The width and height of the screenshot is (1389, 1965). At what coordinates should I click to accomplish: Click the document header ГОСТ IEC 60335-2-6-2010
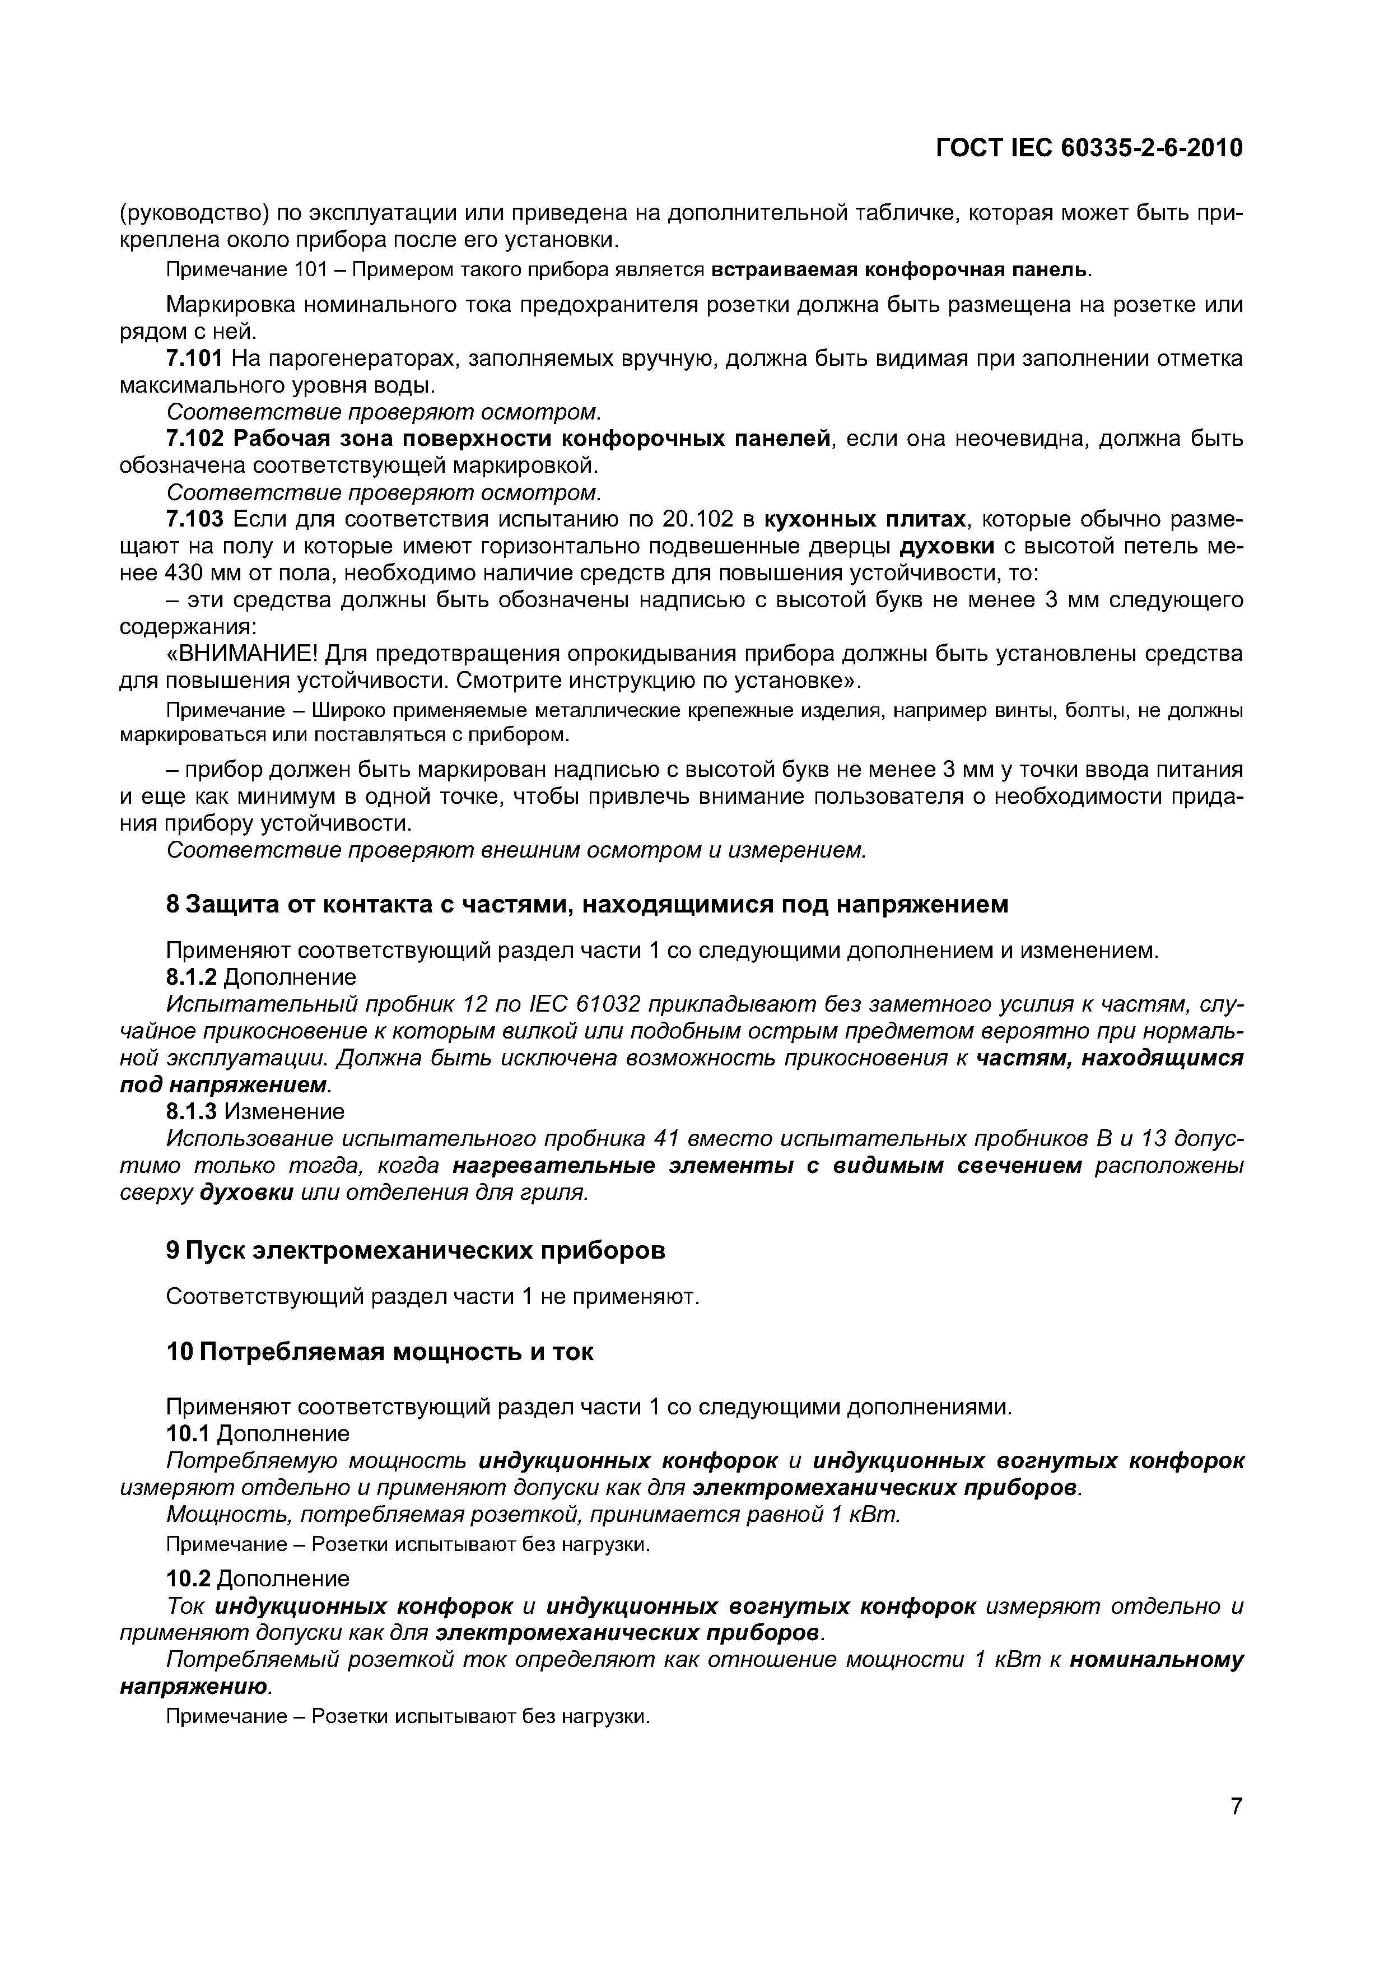[x=1089, y=149]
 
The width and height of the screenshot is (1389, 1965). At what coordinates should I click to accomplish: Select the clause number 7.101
[x=194, y=358]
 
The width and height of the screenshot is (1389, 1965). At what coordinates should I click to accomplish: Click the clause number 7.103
[x=194, y=519]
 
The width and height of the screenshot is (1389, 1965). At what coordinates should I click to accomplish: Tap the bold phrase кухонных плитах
[x=864, y=519]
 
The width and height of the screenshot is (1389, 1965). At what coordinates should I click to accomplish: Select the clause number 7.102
[x=194, y=439]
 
